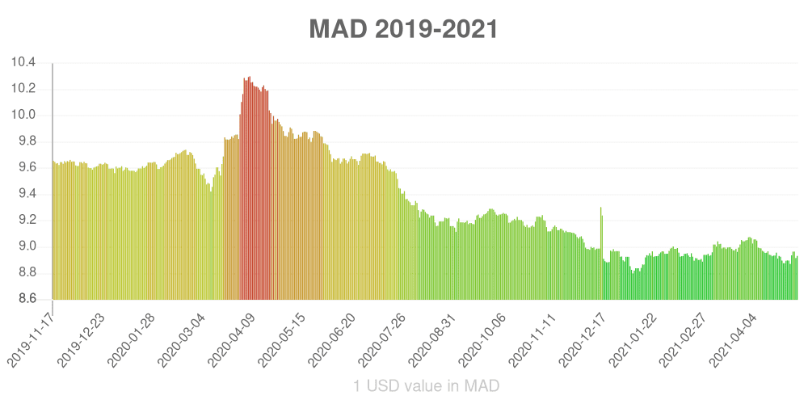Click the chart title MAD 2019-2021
click(403, 30)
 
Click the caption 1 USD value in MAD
click(427, 386)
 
